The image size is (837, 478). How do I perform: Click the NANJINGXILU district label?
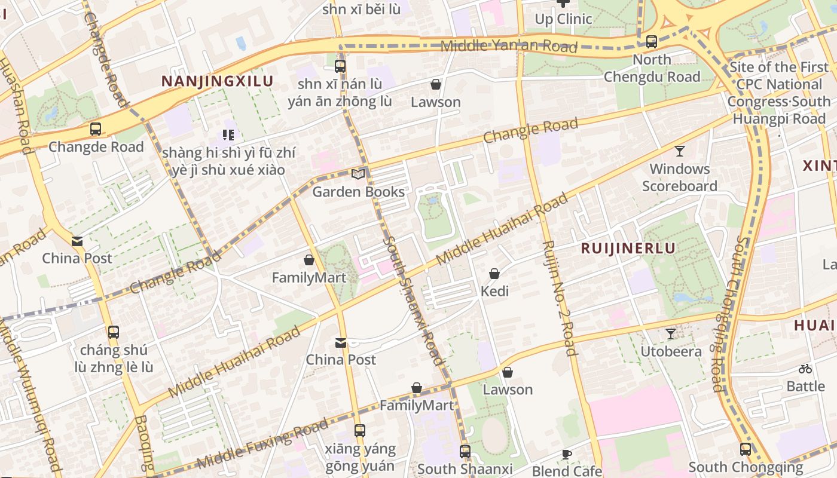coord(218,81)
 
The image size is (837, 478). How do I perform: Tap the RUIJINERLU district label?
coord(628,249)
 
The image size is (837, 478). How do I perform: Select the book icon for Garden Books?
coord(358,174)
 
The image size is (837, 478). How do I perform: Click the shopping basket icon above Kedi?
coord(494,274)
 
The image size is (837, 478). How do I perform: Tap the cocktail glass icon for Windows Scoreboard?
coord(679,151)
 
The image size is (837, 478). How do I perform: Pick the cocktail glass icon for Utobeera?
coord(671,333)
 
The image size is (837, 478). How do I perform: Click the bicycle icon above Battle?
coord(805,369)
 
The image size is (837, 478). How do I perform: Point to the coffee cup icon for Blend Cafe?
coord(566,454)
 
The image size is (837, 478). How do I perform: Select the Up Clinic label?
coord(563,19)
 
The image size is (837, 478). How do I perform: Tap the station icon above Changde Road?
coord(96,128)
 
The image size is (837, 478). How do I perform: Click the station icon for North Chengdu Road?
coord(652,42)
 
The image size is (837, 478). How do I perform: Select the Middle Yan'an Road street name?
coord(508,46)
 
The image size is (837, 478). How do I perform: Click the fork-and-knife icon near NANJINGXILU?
coord(228,135)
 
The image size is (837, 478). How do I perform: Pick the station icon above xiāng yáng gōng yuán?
coord(359,430)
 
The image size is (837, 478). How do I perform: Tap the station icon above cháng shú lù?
coord(113,332)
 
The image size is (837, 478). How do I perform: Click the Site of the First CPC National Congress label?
coord(779,93)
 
